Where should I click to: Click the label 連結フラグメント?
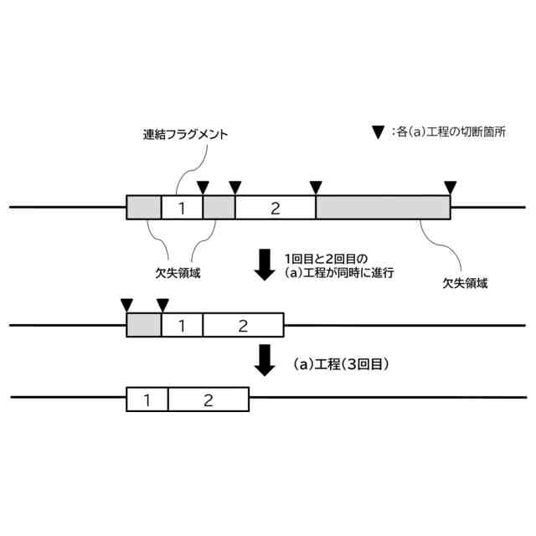click(x=185, y=134)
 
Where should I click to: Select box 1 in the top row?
click(x=182, y=208)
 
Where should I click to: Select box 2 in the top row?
click(x=275, y=208)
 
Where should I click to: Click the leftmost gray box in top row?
click(x=143, y=208)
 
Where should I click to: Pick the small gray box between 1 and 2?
click(x=219, y=208)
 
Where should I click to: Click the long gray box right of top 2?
click(x=383, y=208)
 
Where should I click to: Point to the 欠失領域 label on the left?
click(x=177, y=274)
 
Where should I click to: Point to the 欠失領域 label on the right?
click(x=465, y=283)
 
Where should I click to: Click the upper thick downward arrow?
click(x=265, y=264)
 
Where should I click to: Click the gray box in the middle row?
click(x=143, y=325)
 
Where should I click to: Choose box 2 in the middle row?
click(x=243, y=325)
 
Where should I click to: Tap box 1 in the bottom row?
click(x=147, y=399)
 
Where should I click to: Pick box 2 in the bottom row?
click(x=209, y=399)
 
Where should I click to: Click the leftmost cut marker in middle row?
click(x=126, y=304)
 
